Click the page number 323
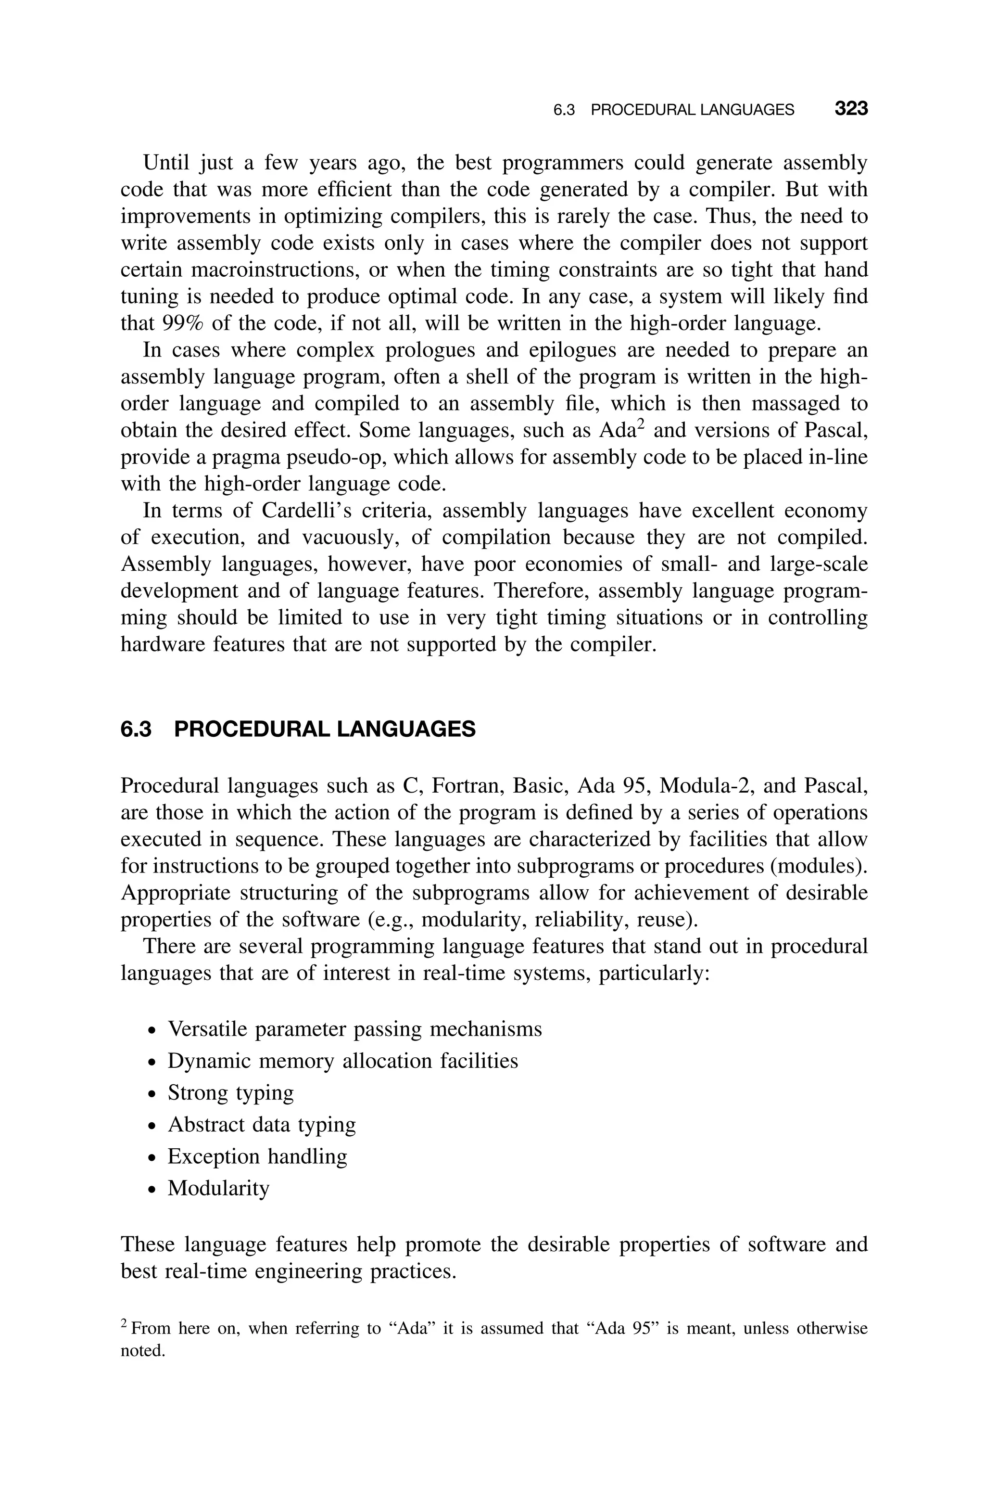[850, 109]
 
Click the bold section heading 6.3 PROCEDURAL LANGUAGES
[298, 729]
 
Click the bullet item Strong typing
[230, 1093]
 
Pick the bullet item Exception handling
[257, 1156]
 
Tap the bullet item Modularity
[218, 1188]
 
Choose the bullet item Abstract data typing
[261, 1124]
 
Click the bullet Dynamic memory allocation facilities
[342, 1061]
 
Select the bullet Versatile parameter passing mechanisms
[354, 1029]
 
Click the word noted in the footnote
[142, 1350]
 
